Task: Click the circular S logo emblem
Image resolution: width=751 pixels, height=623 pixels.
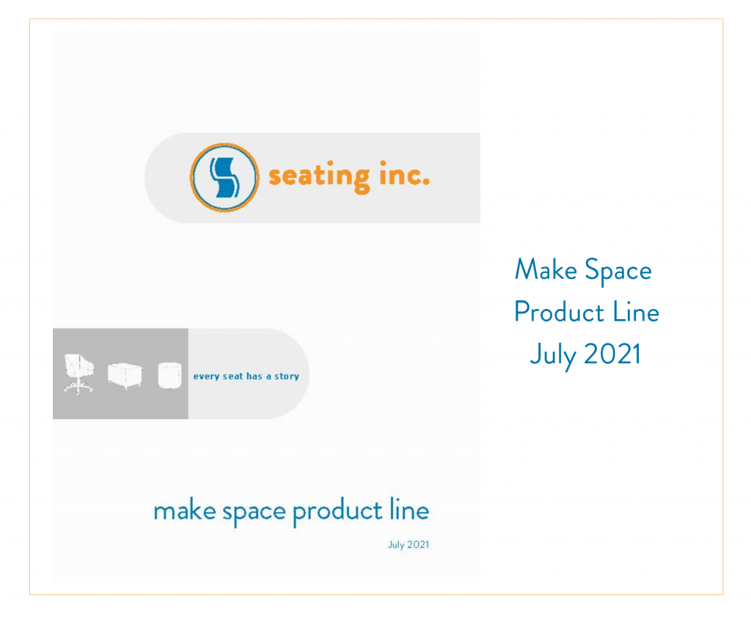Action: click(x=224, y=178)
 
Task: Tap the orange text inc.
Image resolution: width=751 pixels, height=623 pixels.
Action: click(x=404, y=173)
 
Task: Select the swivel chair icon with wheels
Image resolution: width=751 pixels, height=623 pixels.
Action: click(x=78, y=374)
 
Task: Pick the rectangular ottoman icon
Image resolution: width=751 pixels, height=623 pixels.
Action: click(x=125, y=376)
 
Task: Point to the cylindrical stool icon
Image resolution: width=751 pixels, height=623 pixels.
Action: click(x=169, y=375)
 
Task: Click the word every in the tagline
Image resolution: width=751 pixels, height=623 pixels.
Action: click(x=206, y=376)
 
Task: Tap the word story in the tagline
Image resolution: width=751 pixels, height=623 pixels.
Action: click(x=287, y=376)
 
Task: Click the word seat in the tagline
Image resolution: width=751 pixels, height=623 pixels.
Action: click(x=232, y=376)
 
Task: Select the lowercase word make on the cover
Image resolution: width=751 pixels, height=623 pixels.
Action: click(x=184, y=511)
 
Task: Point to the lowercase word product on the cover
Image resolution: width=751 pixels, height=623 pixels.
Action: click(x=337, y=511)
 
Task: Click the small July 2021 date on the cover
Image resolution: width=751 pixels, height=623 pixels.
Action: click(x=409, y=545)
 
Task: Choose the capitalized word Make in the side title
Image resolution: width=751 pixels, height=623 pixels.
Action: click(x=546, y=269)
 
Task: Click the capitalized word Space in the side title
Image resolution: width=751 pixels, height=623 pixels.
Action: click(x=618, y=272)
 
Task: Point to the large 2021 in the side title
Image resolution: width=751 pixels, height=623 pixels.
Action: click(x=612, y=354)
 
